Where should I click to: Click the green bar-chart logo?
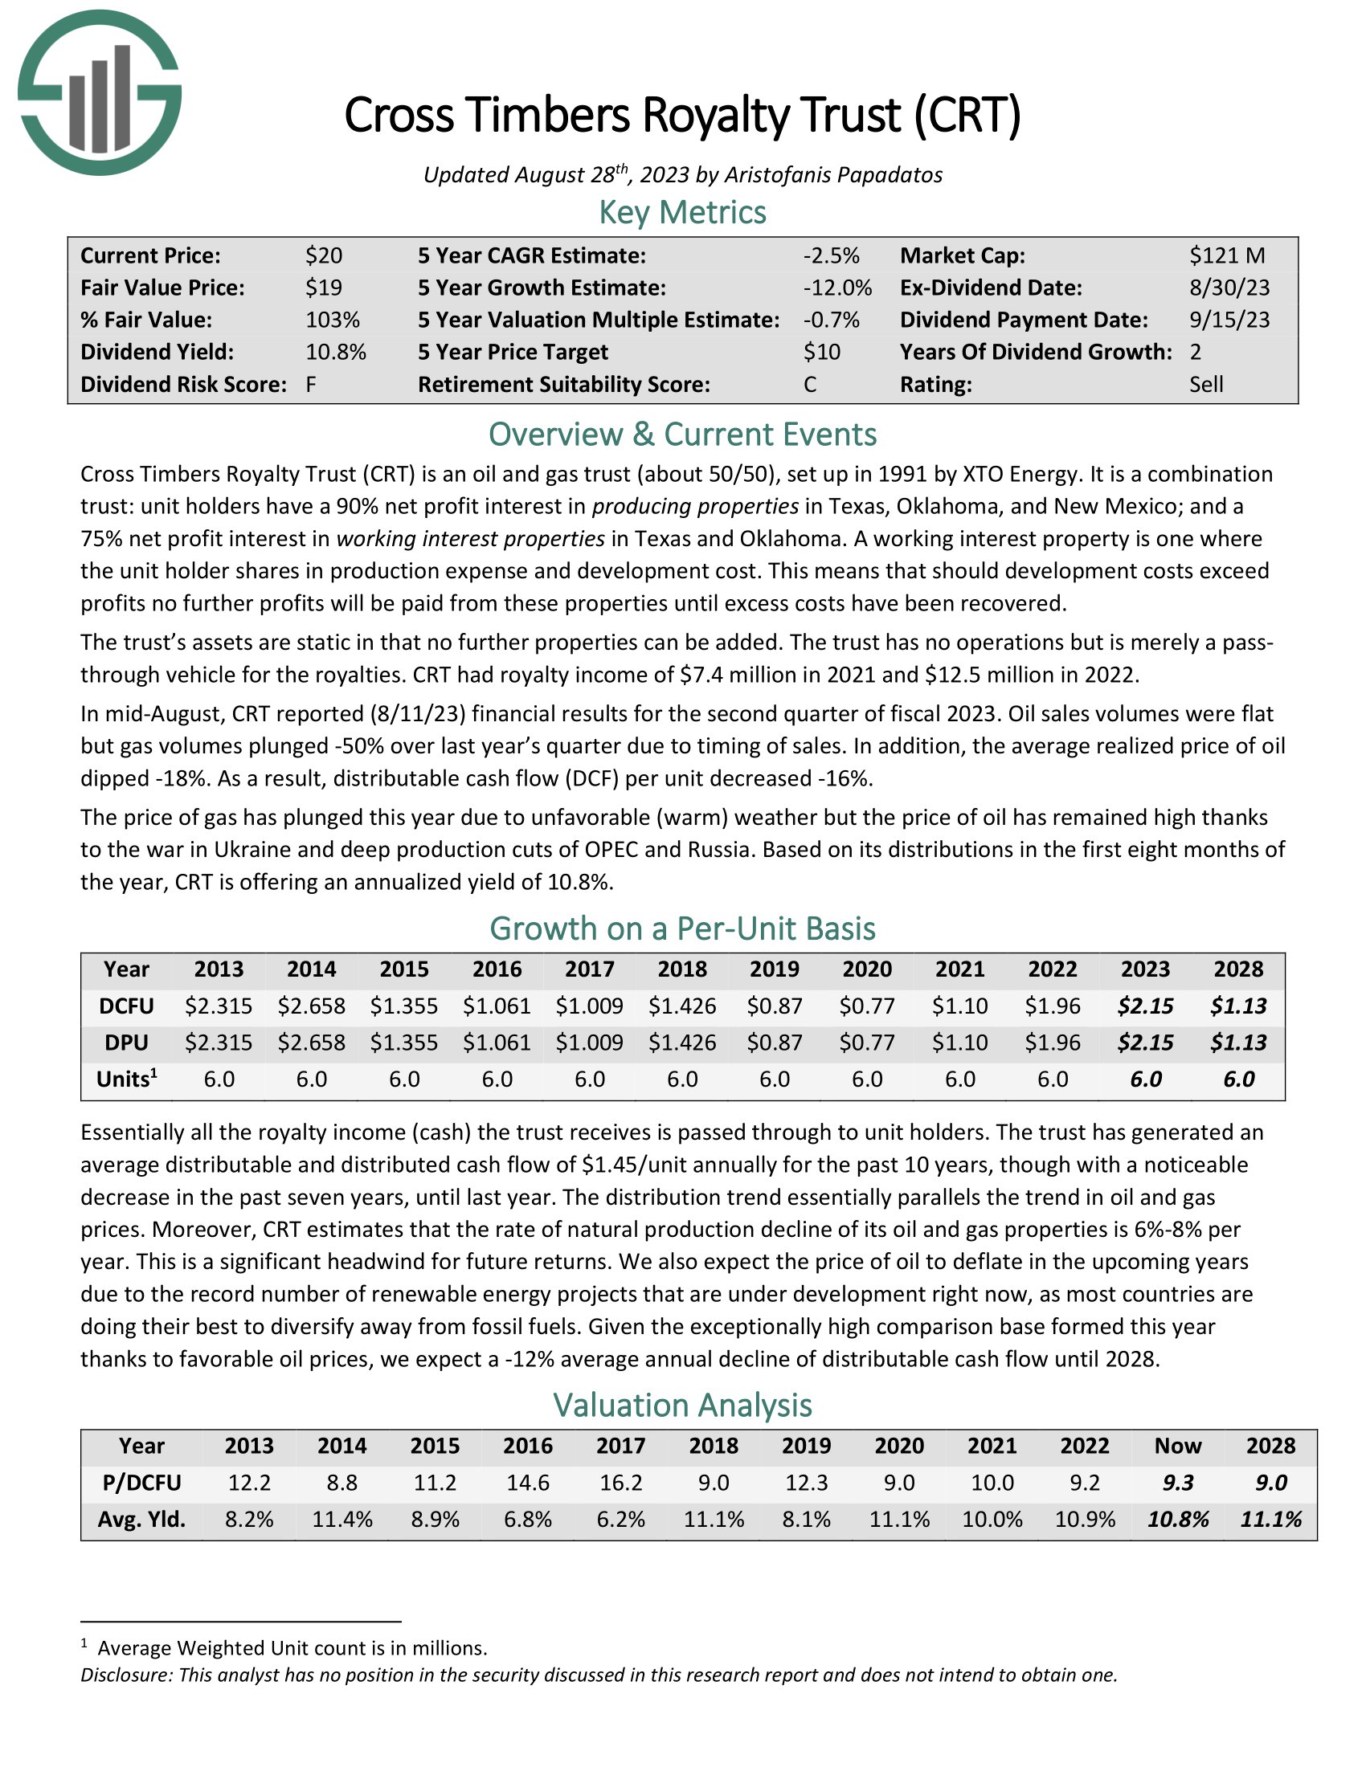click(x=99, y=92)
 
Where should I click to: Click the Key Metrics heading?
click(x=682, y=212)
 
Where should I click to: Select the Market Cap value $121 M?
click(x=1227, y=255)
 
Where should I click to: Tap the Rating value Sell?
click(x=1206, y=384)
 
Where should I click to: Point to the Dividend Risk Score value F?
click(x=311, y=384)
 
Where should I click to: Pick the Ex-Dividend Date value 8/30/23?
click(x=1229, y=288)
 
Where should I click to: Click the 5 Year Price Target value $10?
click(x=821, y=352)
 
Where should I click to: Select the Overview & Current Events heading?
click(x=682, y=435)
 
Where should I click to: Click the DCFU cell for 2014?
click(x=312, y=1006)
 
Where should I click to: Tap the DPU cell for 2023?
click(x=1145, y=1042)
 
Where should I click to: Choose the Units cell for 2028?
click(x=1238, y=1079)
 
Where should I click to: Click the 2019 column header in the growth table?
click(x=775, y=969)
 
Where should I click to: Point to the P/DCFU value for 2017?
click(x=620, y=1482)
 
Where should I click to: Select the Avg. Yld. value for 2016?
click(x=528, y=1519)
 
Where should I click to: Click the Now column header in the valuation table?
click(x=1177, y=1446)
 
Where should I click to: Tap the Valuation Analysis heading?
click(x=682, y=1406)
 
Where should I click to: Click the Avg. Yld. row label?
click(x=141, y=1519)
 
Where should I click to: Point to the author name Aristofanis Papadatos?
click(x=832, y=175)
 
